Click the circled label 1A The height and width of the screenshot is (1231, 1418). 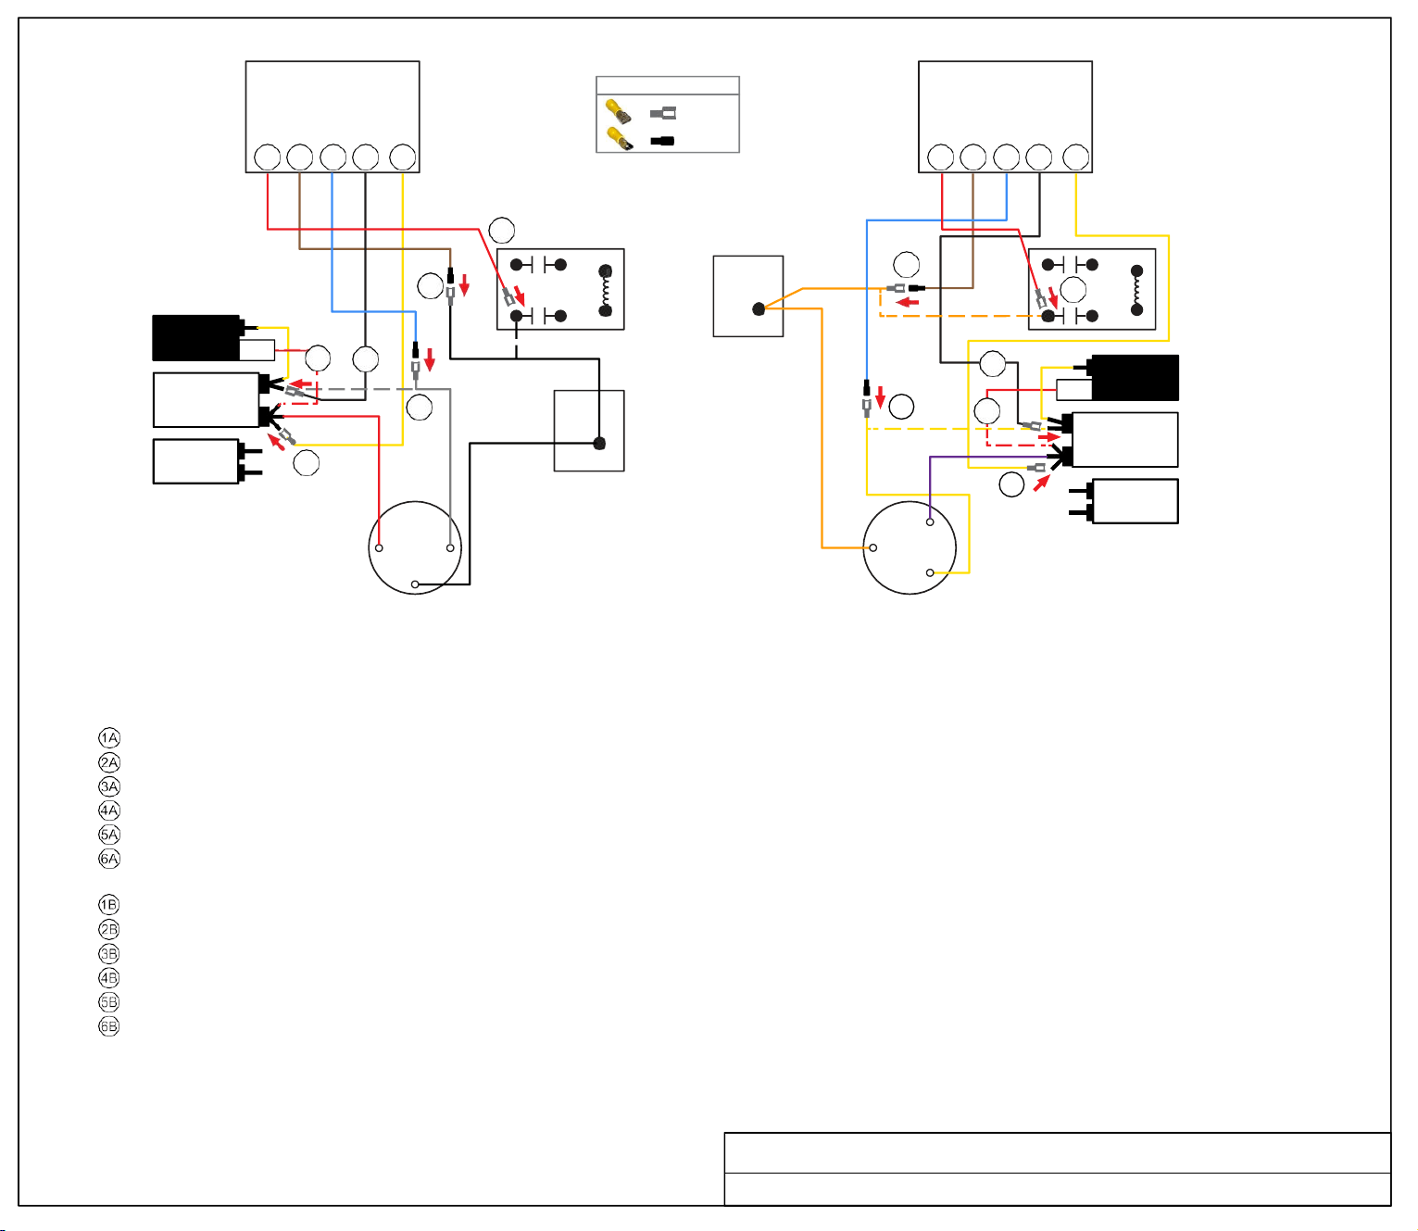[x=108, y=737]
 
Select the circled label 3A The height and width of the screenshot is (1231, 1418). [x=108, y=786]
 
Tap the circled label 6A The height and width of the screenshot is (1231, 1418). [x=108, y=859]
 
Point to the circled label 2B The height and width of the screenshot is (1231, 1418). [x=108, y=929]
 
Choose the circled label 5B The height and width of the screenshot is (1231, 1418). [x=108, y=1002]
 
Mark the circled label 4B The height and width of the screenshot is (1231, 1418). [x=108, y=978]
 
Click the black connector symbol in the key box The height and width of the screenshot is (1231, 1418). [x=662, y=142]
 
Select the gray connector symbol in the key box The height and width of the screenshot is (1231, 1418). [x=662, y=113]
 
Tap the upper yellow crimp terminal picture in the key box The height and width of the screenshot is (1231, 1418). [x=618, y=111]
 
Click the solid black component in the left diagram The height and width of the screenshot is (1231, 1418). [x=197, y=337]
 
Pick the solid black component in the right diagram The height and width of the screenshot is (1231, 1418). [x=1135, y=378]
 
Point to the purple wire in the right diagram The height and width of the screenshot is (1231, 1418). [x=985, y=457]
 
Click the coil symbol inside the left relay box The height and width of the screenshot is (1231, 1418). [x=605, y=291]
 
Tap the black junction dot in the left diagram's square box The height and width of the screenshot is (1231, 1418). [x=599, y=444]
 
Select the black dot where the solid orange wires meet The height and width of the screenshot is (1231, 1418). [x=759, y=309]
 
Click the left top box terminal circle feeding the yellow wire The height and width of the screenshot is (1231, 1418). [x=403, y=157]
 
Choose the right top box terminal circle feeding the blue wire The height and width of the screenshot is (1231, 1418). [x=1007, y=157]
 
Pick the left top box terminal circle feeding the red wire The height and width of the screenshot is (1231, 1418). [x=268, y=157]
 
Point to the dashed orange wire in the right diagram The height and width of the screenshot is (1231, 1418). [x=963, y=316]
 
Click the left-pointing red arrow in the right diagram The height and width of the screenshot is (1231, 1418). [x=908, y=302]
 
